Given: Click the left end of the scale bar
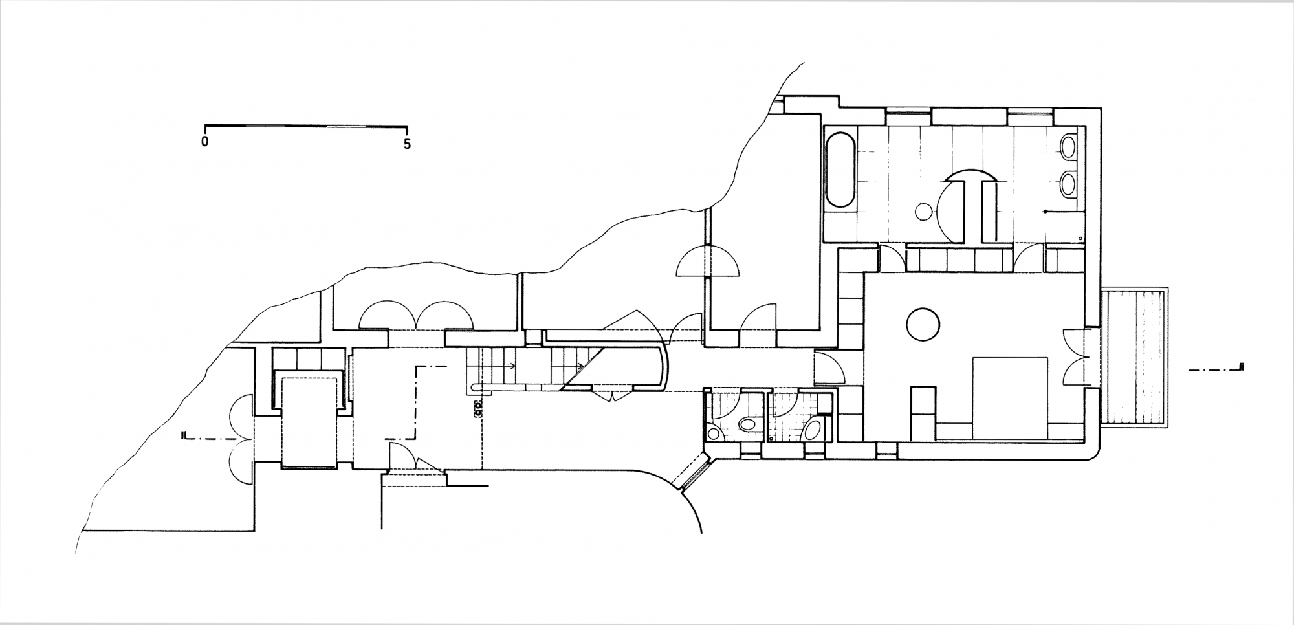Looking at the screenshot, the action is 205,125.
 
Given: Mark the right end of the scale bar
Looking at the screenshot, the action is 407,125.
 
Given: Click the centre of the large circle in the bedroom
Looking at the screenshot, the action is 923,323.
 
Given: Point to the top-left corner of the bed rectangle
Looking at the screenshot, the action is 973,357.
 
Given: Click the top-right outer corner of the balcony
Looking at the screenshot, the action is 1168,287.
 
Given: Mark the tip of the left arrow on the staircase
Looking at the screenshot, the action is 516,366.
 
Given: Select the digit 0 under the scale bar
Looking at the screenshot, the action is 205,142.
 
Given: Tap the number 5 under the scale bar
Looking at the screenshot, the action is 407,144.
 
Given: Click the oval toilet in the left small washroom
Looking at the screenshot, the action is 749,425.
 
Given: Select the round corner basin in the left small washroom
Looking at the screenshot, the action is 714,433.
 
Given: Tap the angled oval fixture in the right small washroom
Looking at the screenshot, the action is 813,429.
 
